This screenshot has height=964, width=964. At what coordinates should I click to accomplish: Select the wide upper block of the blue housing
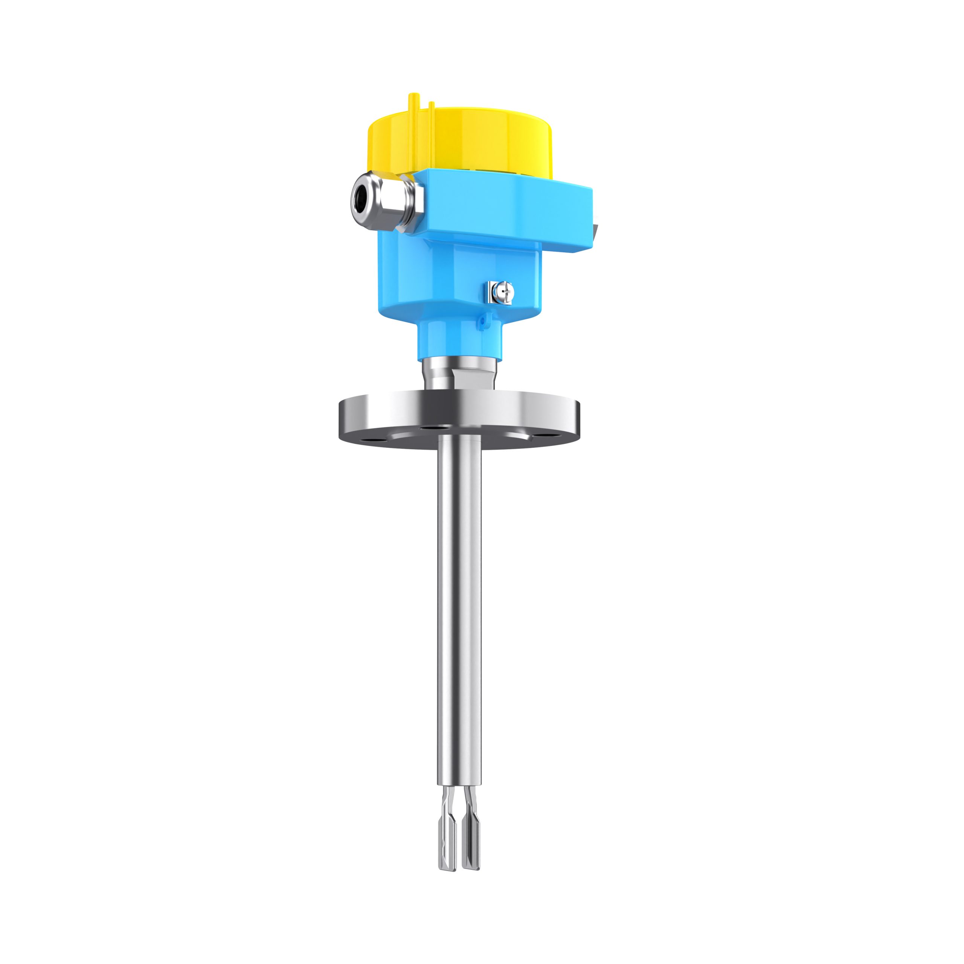pyautogui.click(x=504, y=210)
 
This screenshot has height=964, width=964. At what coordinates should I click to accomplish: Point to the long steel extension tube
pyautogui.click(x=459, y=599)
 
